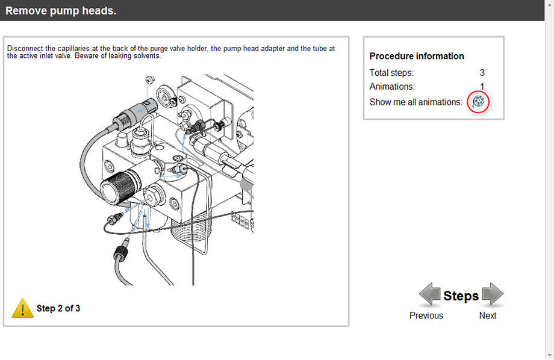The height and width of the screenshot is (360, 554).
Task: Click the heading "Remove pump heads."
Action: pyautogui.click(x=61, y=11)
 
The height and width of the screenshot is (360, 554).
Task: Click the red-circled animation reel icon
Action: pyautogui.click(x=478, y=102)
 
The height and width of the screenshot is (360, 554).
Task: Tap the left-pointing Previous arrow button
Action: pyautogui.click(x=429, y=294)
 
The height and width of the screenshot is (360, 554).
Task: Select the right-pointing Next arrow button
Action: pyautogui.click(x=493, y=294)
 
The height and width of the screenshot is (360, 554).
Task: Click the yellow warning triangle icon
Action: pyautogui.click(x=23, y=308)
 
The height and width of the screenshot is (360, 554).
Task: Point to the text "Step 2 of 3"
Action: pyautogui.click(x=58, y=308)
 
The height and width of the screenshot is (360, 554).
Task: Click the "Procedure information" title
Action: pyautogui.click(x=417, y=56)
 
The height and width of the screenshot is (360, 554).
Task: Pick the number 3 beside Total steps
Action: pyautogui.click(x=482, y=73)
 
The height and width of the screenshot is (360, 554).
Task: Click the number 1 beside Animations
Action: pyautogui.click(x=482, y=87)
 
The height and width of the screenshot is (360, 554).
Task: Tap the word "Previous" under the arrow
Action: pyautogui.click(x=426, y=315)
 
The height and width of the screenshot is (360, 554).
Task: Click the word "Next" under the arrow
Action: pyautogui.click(x=488, y=315)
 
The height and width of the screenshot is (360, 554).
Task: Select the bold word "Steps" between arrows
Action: pyautogui.click(x=461, y=296)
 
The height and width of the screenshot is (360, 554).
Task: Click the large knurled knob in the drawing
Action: pyautogui.click(x=119, y=186)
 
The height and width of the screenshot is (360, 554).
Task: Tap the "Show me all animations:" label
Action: pyautogui.click(x=416, y=102)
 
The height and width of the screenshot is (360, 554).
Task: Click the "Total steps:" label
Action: pyautogui.click(x=391, y=73)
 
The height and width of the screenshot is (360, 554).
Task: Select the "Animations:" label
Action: pyautogui.click(x=392, y=87)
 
